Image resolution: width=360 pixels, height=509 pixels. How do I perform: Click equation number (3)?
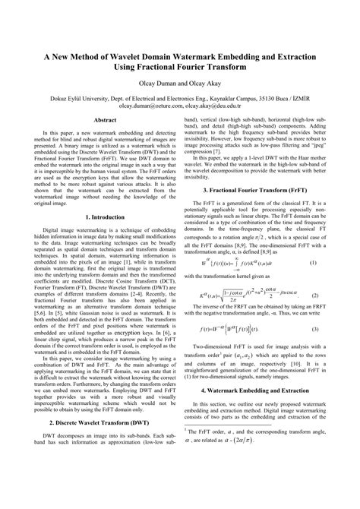(x=335, y=330)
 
